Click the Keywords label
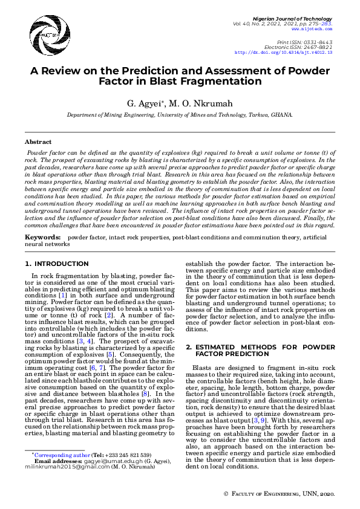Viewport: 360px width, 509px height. [x=42, y=238]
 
